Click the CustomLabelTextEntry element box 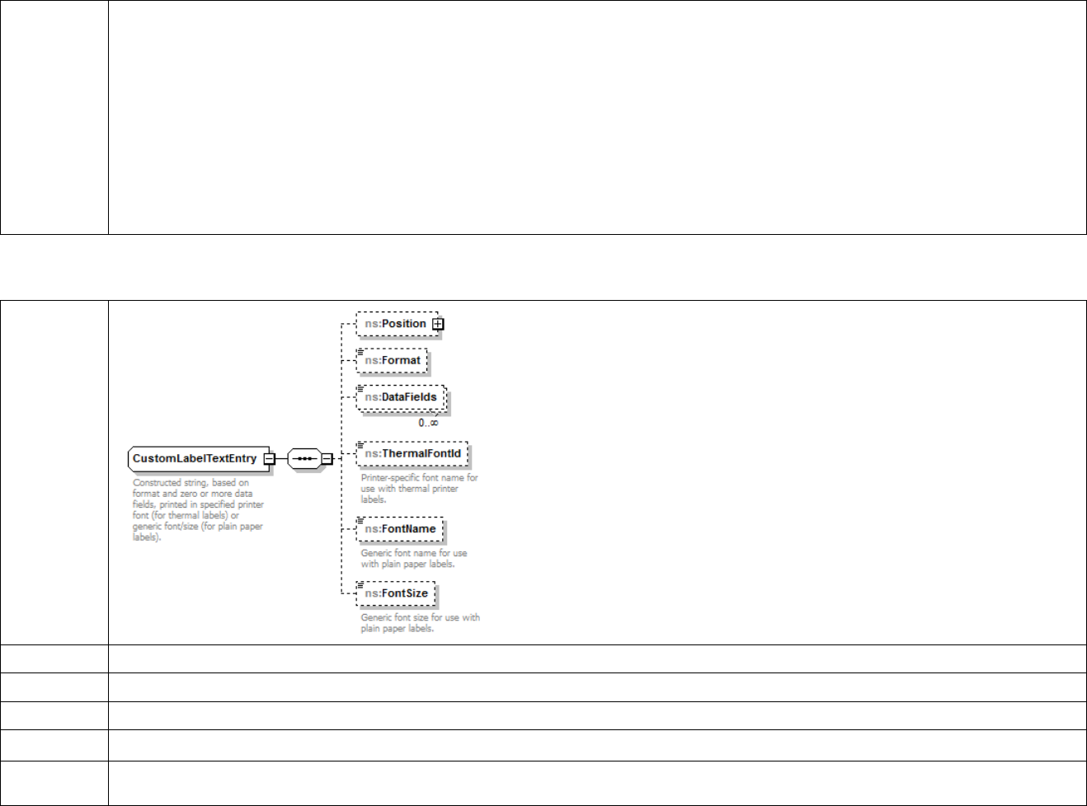[x=195, y=459]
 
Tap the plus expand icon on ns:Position [x=438, y=324]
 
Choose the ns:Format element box [x=393, y=361]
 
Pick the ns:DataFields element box [x=401, y=397]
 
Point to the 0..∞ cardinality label [x=428, y=423]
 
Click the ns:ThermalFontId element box [x=412, y=454]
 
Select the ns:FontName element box [x=400, y=529]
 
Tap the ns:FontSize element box [x=397, y=593]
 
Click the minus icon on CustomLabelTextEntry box [x=269, y=459]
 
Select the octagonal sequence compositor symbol [x=304, y=458]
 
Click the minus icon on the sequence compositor [x=327, y=458]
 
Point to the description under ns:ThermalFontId [x=419, y=488]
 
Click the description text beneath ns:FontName [x=413, y=558]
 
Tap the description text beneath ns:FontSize [x=420, y=622]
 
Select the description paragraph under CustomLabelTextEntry [x=198, y=509]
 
